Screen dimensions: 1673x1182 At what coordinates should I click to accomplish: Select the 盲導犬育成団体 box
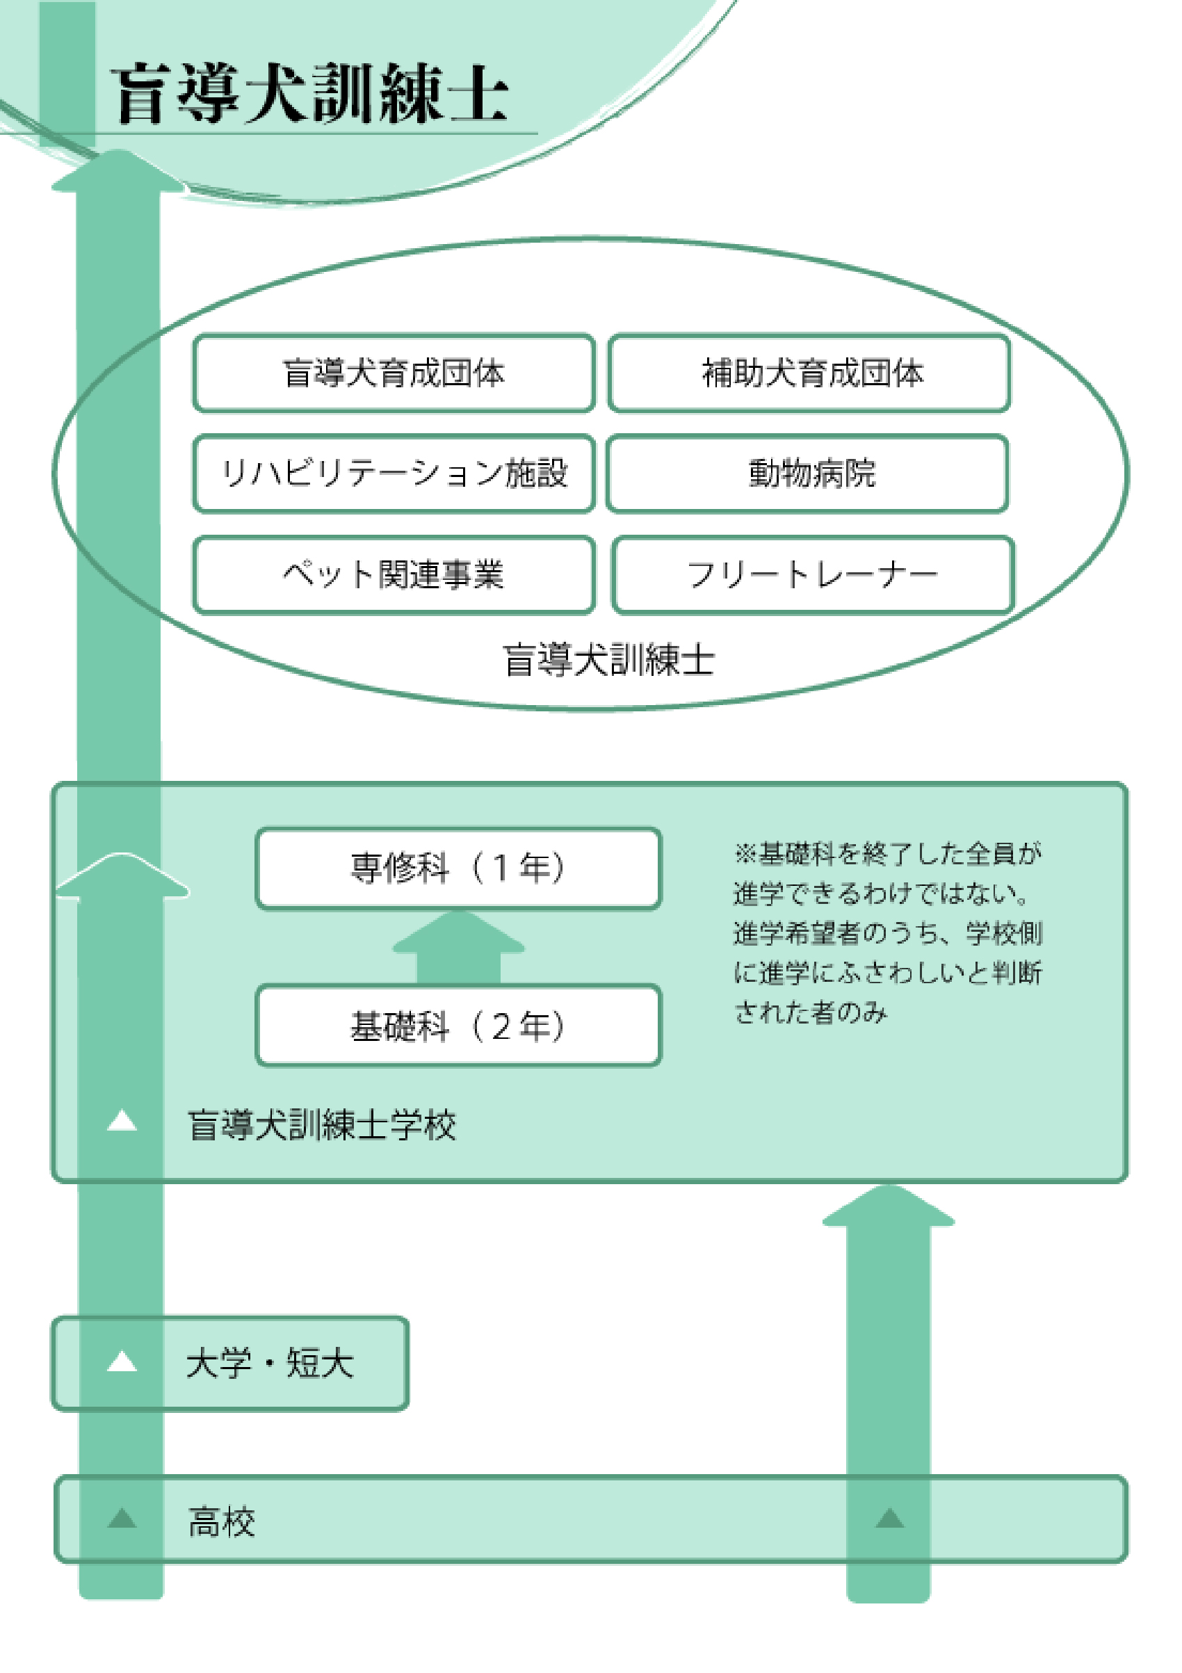coord(394,373)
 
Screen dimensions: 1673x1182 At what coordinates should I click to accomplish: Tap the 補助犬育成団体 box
coord(809,373)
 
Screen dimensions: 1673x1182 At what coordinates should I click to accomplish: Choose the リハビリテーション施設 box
coord(394,474)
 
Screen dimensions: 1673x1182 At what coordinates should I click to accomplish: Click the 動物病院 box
coord(808,474)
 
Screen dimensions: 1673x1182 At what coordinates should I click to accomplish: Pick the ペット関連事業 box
coord(394,575)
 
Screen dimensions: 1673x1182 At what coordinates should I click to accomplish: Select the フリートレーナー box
coord(813,575)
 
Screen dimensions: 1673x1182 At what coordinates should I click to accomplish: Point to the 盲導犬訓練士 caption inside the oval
coord(608,660)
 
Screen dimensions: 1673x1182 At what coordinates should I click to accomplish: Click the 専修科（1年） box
coord(458,868)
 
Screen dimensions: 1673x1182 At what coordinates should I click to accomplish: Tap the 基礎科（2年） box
coord(458,1026)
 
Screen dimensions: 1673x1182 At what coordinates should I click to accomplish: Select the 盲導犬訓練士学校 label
coord(321,1124)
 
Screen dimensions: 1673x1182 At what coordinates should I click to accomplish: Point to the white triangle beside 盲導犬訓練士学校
coord(122,1121)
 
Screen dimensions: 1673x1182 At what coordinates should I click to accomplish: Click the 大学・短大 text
coord(270,1364)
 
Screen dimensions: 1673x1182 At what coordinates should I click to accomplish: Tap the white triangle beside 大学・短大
coord(122,1361)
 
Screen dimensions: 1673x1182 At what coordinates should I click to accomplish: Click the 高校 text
coord(222,1522)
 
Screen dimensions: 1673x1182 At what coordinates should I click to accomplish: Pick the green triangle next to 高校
coord(122,1519)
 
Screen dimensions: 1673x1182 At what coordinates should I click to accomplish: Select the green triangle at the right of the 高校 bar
coord(889,1519)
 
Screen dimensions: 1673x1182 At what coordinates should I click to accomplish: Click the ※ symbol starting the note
coord(745,852)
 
